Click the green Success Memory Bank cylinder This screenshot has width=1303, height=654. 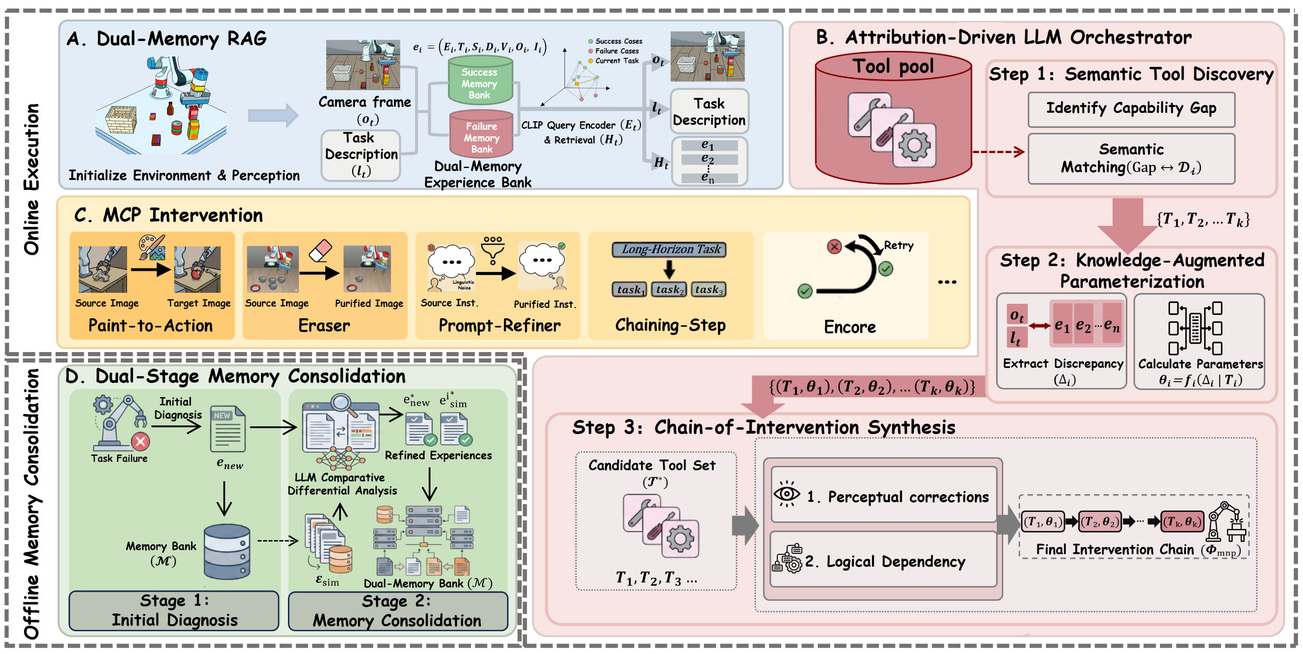coord(480,81)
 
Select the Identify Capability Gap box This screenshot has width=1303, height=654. coord(1131,109)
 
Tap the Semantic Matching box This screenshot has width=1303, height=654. coord(1131,158)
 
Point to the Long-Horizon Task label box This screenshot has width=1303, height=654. coord(669,250)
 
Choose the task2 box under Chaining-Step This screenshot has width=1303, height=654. coord(668,289)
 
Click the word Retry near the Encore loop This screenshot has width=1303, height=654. coord(898,245)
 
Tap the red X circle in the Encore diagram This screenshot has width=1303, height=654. coord(834,246)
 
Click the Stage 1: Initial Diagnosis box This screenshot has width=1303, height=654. coord(174,610)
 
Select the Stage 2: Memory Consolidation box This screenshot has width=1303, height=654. coord(397,610)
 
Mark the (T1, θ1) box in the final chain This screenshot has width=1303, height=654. coord(1043,521)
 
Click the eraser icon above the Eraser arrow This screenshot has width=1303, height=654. coord(320,250)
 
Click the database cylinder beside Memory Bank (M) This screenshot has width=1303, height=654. coord(227,552)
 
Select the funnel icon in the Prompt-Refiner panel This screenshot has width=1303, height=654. coord(492,251)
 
